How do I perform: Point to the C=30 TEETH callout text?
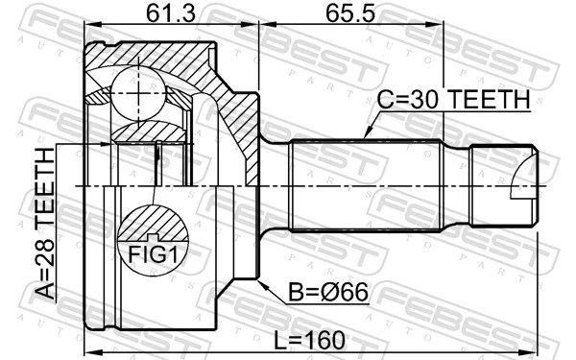(453, 99)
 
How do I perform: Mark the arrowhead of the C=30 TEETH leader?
(365, 140)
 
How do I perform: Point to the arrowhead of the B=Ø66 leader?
(261, 281)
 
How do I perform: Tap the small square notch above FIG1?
(154, 236)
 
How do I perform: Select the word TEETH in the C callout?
(489, 99)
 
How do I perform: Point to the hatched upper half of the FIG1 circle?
(154, 221)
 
